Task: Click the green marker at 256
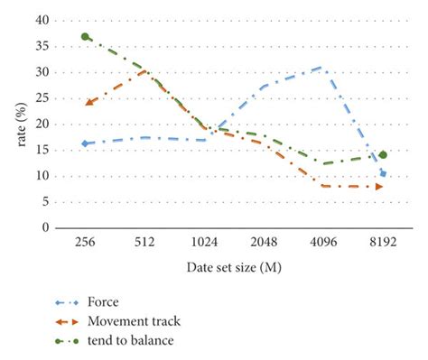click(x=85, y=36)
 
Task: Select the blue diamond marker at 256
click(x=85, y=143)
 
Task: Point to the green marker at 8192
click(x=383, y=155)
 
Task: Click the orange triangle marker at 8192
click(x=379, y=187)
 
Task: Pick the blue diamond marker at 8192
click(x=383, y=173)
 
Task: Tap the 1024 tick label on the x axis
click(x=204, y=242)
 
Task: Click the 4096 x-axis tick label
click(x=323, y=242)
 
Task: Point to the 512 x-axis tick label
click(x=144, y=242)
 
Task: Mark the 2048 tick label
click(x=264, y=242)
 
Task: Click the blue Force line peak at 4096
click(x=321, y=67)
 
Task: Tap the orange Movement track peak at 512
click(x=144, y=70)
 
